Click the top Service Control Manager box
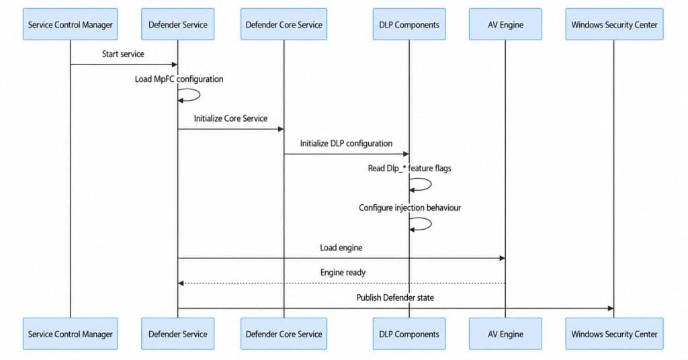coord(70,24)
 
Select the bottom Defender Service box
coord(177,334)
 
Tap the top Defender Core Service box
coord(284,24)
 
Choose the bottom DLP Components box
coord(409,334)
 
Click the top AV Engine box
coord(505,24)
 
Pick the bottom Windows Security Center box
coord(614,334)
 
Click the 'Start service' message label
coord(123,54)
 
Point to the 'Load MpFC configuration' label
coord(179,79)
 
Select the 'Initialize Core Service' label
coord(231,118)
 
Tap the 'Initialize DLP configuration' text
coord(346,143)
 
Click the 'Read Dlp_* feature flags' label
coord(409,169)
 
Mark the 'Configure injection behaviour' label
coord(410,208)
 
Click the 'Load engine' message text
coord(341,248)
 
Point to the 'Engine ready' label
coord(343,272)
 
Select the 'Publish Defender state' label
coord(395,298)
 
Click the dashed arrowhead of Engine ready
coord(180,283)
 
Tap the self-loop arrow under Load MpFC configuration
coord(200,95)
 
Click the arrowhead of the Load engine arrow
coord(503,259)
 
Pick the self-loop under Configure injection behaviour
coord(431,224)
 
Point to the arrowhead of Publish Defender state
coord(611,308)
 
